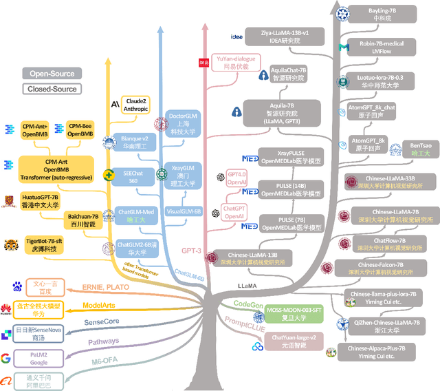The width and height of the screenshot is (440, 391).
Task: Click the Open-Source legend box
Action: coord(52,73)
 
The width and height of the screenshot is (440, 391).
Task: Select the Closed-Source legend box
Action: coord(52,89)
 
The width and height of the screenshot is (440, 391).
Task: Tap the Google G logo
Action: coord(8,357)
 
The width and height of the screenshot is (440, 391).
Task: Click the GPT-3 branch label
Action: coord(192,251)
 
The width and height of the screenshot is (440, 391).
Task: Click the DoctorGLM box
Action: coord(184,122)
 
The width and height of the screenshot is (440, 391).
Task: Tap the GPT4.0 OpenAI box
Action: coord(235,179)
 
